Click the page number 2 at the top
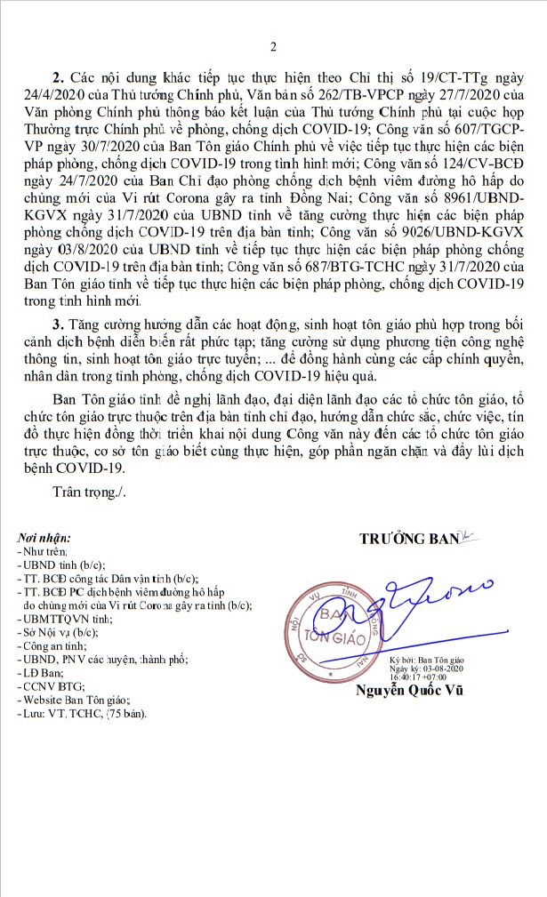[274, 46]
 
